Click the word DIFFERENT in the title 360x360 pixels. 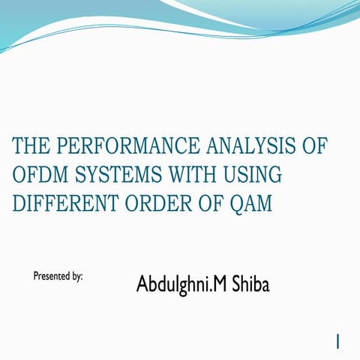tap(60, 202)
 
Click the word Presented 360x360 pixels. tap(51, 276)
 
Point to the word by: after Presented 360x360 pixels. tap(76, 277)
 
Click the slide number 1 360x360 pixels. tap(339, 341)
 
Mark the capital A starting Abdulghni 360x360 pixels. tap(142, 284)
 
